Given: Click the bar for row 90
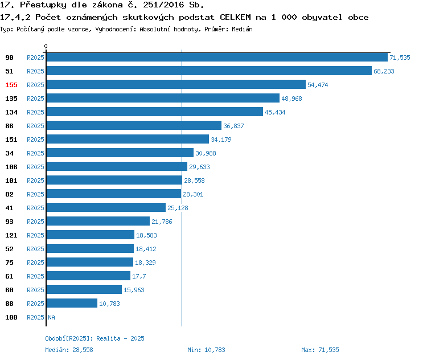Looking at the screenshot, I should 216,58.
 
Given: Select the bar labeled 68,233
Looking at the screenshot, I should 208,71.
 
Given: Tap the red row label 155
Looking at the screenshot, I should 11,85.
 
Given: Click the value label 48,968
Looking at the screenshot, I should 291,99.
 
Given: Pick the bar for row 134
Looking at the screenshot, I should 154,112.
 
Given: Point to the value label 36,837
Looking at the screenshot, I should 233,126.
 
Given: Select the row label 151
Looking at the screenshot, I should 11,140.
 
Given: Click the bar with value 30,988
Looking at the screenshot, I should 120,153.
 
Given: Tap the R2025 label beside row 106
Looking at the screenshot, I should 35,167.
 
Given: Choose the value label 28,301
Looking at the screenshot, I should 193,194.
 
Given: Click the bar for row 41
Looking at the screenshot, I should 106,208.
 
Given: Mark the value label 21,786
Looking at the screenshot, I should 162,222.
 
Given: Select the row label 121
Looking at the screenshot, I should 11,235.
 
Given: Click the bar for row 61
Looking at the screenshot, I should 88,276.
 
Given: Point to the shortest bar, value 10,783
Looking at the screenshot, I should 72,304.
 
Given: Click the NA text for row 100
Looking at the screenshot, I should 51,317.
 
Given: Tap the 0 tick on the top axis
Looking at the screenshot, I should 46,46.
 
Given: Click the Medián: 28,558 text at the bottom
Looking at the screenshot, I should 69,350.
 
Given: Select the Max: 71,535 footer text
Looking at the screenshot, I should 320,350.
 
